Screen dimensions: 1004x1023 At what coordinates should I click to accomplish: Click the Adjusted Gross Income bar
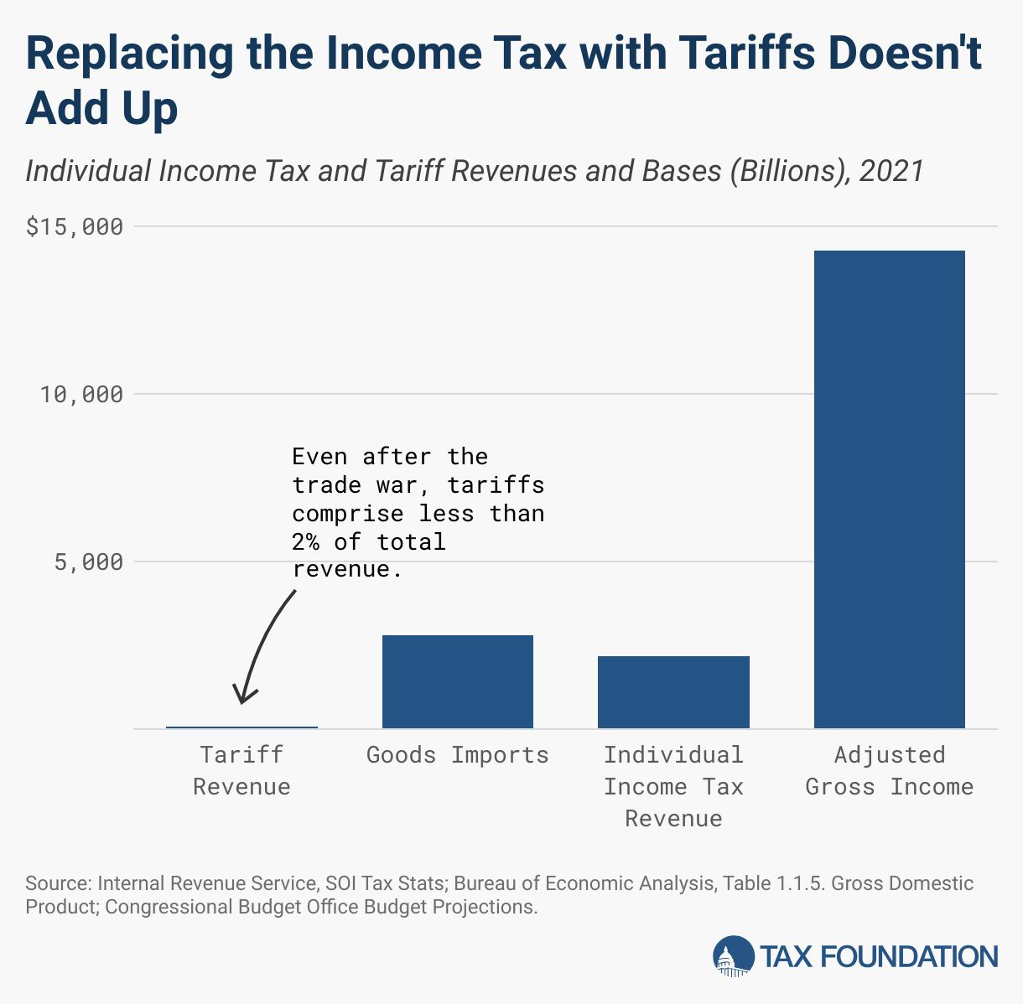pos(889,489)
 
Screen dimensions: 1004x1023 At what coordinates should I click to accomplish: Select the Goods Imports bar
pos(458,681)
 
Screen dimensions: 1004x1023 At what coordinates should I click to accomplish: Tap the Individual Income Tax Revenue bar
pos(673,692)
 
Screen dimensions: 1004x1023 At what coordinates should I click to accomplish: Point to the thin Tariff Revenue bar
pos(241,727)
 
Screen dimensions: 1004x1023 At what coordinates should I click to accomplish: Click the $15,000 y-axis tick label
pos(75,227)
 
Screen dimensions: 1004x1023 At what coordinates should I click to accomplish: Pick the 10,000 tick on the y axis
pos(81,395)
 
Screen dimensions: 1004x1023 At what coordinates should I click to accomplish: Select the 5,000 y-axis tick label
pos(89,562)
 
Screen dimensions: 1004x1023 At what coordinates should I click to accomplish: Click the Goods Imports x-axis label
pos(458,755)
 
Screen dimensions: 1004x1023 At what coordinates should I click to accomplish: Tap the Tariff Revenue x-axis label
pos(241,770)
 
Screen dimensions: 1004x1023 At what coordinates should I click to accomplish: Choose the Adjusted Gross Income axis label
pos(889,770)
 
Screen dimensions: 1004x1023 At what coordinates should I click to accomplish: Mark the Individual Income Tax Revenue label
pos(673,786)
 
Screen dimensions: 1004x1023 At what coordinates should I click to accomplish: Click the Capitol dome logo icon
pos(733,956)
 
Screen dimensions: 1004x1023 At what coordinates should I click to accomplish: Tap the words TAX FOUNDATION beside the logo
pos(879,956)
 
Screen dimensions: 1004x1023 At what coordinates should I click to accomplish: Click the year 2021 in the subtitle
pos(891,171)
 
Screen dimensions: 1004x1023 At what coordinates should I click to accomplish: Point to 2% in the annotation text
pos(306,542)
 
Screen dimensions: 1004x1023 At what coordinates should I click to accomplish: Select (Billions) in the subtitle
pos(787,171)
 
